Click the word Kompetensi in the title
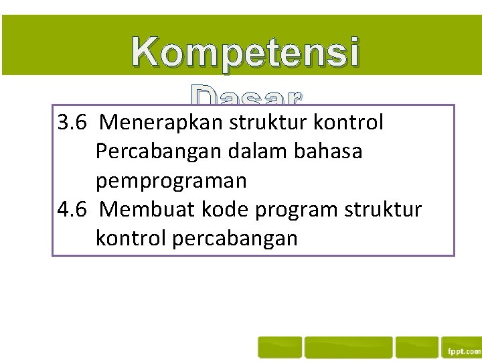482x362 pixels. click(245, 53)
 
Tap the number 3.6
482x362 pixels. click(73, 123)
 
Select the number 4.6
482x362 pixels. click(73, 209)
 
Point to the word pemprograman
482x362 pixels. click(171, 181)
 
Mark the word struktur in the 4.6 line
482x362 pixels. click(384, 209)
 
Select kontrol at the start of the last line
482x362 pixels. click(131, 238)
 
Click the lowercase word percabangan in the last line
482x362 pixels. click(235, 239)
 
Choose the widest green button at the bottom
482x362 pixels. click(348, 347)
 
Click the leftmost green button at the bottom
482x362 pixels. click(280, 347)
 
